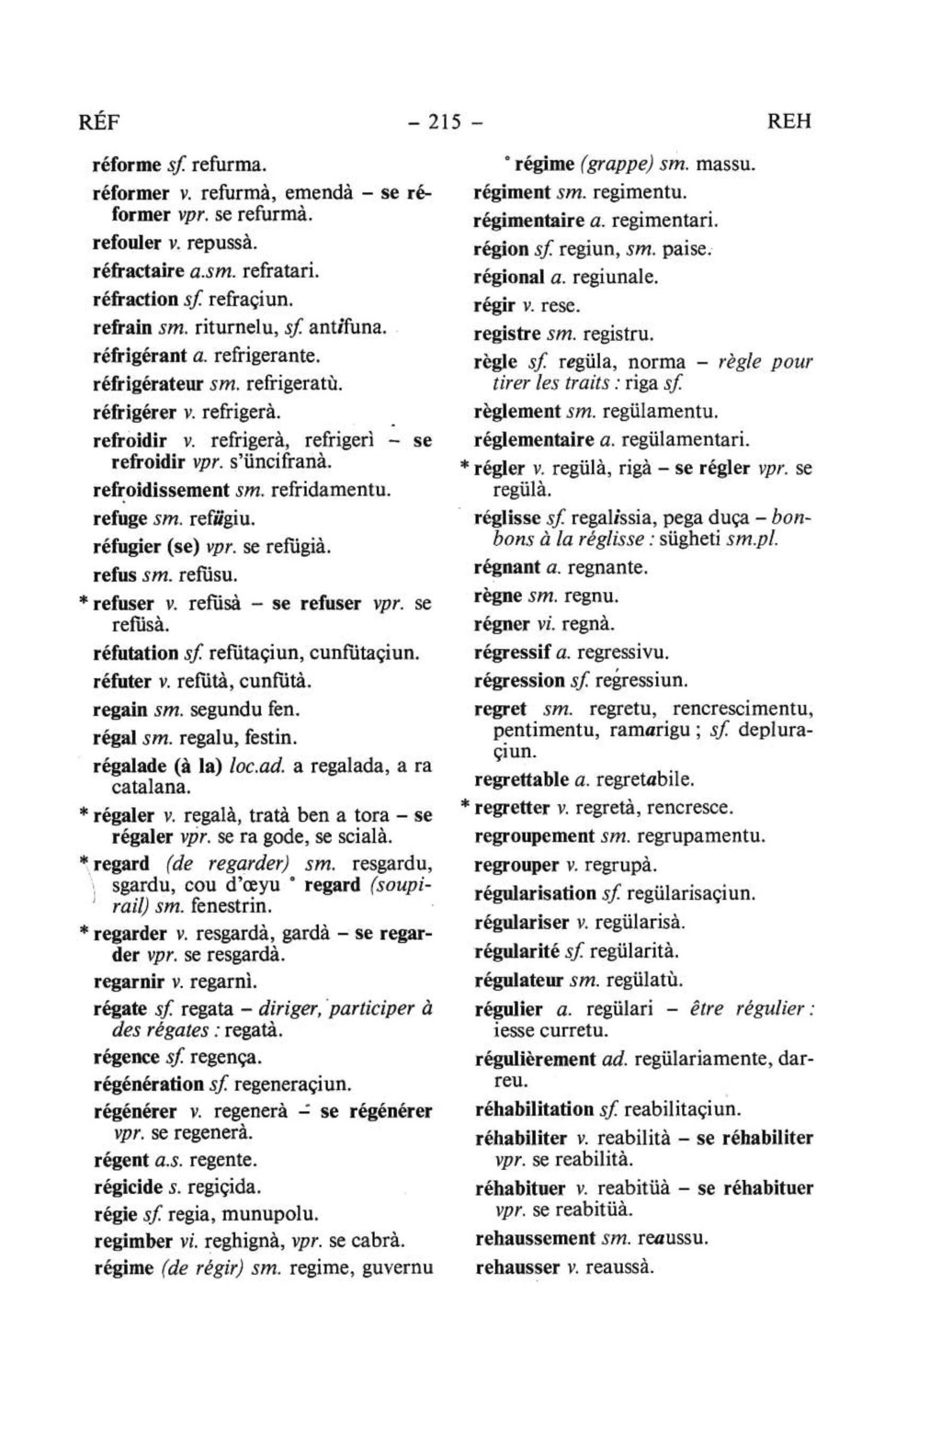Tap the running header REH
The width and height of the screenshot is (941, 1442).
pyautogui.click(x=788, y=121)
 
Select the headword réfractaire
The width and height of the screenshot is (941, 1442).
pyautogui.click(x=139, y=271)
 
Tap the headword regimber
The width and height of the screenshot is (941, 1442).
pyautogui.click(x=133, y=1242)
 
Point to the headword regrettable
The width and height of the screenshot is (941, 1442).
pyautogui.click(x=521, y=780)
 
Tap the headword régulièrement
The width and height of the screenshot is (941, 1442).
pyautogui.click(x=535, y=1059)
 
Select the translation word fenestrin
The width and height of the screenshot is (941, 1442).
pyautogui.click(x=222, y=906)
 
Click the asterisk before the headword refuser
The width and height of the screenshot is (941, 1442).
pyautogui.click(x=84, y=604)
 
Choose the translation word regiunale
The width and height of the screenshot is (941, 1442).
pyautogui.click(x=616, y=277)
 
